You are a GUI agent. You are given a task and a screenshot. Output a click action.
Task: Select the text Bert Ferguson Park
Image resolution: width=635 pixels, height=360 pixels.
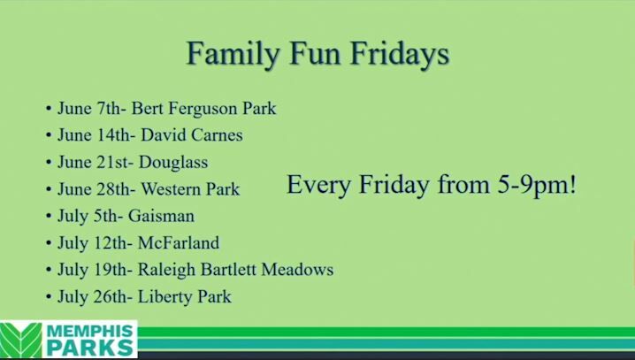click(x=203, y=109)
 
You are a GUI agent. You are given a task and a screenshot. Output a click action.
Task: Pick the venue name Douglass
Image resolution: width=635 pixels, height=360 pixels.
click(x=168, y=163)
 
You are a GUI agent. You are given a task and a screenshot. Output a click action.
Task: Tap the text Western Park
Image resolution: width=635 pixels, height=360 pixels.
click(x=190, y=189)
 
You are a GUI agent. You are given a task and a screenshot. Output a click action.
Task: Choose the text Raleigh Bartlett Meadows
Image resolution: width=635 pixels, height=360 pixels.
click(x=235, y=270)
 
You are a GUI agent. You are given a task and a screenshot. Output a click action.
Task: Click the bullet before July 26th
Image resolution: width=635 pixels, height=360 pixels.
click(x=49, y=297)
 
